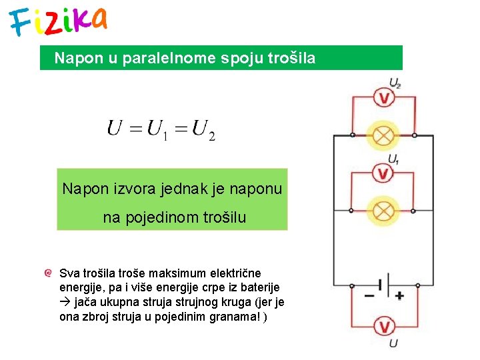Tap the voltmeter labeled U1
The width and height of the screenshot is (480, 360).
pyautogui.click(x=383, y=174)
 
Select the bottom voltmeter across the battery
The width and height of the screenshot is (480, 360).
pyautogui.click(x=383, y=326)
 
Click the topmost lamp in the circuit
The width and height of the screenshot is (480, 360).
pyautogui.click(x=383, y=135)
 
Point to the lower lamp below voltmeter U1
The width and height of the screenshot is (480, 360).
pyautogui.click(x=383, y=211)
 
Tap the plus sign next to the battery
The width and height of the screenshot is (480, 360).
pyautogui.click(x=399, y=295)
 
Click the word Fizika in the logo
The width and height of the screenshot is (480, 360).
pyautogui.click(x=59, y=21)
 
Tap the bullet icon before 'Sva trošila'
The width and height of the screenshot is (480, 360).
pyautogui.click(x=47, y=273)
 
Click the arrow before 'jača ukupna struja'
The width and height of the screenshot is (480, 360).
pyautogui.click(x=64, y=302)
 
